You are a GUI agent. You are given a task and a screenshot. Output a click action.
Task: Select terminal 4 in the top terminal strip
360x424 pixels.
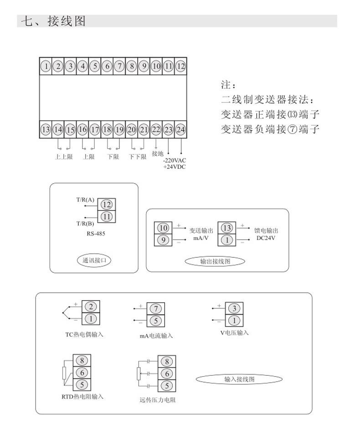point(82,66)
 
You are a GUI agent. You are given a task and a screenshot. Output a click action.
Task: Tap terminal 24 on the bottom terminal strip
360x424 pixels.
point(180,129)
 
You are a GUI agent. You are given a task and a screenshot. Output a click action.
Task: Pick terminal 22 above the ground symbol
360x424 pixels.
point(156,129)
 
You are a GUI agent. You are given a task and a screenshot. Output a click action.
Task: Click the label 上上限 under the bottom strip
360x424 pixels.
point(63,157)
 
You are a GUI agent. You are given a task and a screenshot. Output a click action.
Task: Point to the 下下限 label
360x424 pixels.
point(137,157)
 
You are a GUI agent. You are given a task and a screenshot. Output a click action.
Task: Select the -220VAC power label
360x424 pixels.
point(175,160)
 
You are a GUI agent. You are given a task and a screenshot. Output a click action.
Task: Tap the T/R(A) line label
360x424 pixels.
point(85,199)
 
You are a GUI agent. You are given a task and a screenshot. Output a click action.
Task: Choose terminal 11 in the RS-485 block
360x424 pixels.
point(107,217)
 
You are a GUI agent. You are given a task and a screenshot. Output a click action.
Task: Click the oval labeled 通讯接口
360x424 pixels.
point(94,261)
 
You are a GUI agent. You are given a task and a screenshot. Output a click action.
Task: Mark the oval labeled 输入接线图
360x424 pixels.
point(239,379)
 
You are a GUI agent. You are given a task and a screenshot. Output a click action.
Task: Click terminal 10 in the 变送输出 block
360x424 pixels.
point(164,228)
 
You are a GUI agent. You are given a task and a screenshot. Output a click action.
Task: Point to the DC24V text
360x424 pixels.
point(266,238)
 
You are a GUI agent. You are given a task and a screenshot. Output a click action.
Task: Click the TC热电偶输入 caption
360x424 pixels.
point(84,334)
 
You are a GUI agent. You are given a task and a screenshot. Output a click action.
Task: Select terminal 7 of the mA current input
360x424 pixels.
point(155,309)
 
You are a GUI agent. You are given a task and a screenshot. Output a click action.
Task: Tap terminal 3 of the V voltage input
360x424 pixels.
point(234,308)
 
